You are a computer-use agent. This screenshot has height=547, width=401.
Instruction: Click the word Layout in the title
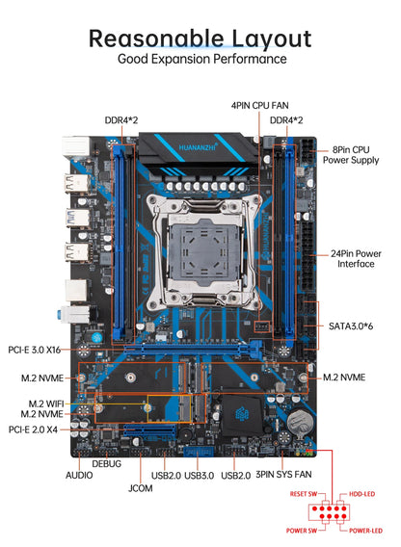[x=272, y=39]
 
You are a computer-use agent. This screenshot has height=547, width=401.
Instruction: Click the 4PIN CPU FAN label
[x=260, y=105]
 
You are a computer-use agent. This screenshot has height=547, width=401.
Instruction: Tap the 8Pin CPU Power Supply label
[x=351, y=155]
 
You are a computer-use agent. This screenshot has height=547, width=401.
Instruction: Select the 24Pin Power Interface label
[x=356, y=259]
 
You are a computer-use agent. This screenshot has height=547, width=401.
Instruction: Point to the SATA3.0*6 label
[x=351, y=326]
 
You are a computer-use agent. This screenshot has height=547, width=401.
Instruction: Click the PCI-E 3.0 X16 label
[x=35, y=350]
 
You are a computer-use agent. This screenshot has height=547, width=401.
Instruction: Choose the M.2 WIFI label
[x=46, y=404]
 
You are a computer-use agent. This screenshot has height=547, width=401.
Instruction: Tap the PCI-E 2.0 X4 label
[x=33, y=430]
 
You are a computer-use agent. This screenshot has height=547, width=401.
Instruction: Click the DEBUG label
[x=107, y=463]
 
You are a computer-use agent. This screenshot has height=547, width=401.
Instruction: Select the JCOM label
[x=141, y=488]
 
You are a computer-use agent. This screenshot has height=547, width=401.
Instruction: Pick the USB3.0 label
[x=200, y=476]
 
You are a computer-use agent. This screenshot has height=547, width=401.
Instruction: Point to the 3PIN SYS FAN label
[x=283, y=475]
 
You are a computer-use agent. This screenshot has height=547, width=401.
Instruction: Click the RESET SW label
[x=304, y=494]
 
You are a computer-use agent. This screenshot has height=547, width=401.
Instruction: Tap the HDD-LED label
[x=361, y=494]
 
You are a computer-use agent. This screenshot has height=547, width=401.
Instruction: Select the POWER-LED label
[x=365, y=531]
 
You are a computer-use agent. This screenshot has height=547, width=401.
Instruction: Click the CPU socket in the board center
[x=204, y=251]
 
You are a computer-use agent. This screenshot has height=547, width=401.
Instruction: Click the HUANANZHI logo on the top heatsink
[x=198, y=147]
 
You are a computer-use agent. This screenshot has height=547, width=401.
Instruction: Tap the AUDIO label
[x=79, y=475]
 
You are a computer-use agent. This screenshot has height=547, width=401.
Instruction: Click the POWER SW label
[x=302, y=531]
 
